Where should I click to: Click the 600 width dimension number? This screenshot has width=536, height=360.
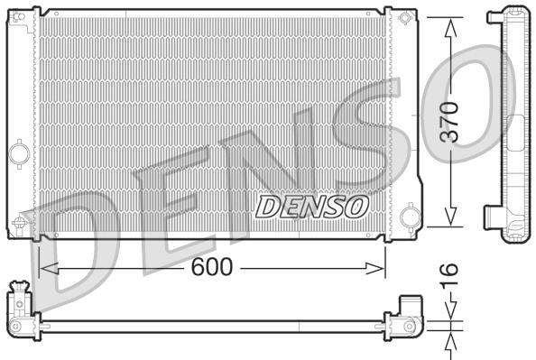(212, 267)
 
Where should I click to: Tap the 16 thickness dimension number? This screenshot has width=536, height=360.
(448, 270)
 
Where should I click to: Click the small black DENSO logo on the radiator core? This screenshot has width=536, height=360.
(311, 207)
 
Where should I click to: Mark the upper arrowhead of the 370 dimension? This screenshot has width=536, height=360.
(448, 23)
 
